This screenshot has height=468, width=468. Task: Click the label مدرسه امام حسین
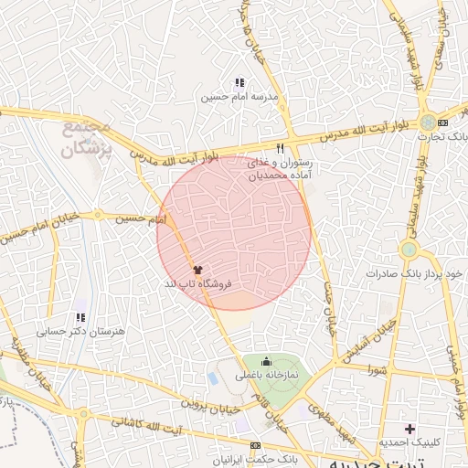tap(240, 97)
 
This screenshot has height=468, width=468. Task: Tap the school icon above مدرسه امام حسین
tap(239, 83)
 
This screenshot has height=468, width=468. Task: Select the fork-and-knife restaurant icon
tap(280, 147)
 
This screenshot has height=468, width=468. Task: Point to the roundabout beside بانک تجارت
tap(428, 122)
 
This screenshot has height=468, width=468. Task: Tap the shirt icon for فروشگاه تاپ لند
tap(197, 270)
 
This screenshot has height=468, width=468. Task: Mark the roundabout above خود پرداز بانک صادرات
tap(409, 249)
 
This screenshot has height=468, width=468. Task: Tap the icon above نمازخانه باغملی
tap(266, 360)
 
